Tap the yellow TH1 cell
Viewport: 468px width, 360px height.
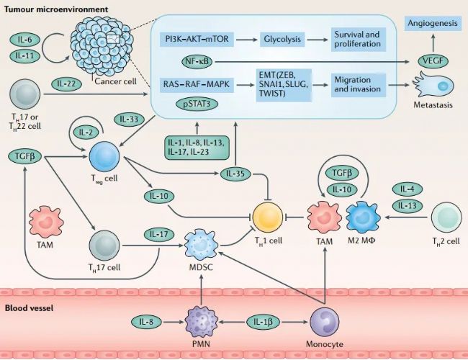[x=268, y=215]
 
